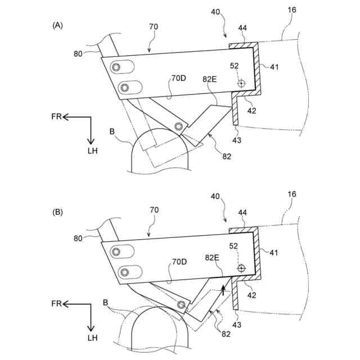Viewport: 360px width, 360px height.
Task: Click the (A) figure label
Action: [x=57, y=25]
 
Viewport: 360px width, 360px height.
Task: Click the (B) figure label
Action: [x=57, y=213]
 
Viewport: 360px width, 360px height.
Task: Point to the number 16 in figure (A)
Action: [x=291, y=11]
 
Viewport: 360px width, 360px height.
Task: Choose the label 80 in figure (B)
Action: [x=78, y=238]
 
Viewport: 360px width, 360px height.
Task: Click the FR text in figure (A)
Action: [x=55, y=117]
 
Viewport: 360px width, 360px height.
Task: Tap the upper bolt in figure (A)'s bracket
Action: [x=116, y=67]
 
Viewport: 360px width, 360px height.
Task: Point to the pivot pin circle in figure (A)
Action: [x=178, y=125]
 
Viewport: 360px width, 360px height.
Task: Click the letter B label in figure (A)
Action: [x=112, y=131]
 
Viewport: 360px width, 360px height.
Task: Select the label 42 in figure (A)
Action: [x=251, y=111]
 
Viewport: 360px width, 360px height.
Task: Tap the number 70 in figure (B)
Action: [x=154, y=210]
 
